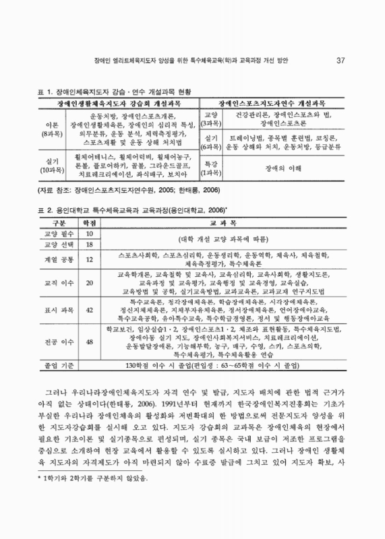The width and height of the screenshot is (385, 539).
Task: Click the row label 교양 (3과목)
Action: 210,119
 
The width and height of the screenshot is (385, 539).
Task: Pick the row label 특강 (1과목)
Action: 210,168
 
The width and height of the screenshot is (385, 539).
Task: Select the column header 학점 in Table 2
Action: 90,223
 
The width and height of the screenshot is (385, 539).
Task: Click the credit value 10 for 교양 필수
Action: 90,234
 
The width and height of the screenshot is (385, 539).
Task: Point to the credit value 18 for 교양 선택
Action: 90,244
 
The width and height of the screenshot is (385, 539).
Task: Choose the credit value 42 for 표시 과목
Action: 90,311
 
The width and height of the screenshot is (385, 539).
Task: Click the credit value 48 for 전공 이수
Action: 90,343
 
